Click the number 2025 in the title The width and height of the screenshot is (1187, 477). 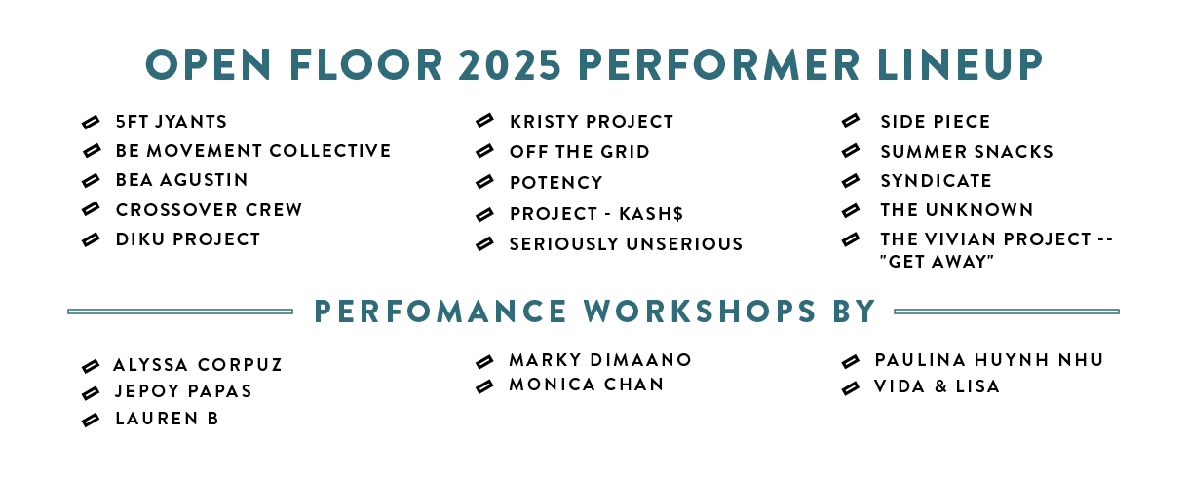tap(510, 64)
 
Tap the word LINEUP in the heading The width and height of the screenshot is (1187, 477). tap(960, 64)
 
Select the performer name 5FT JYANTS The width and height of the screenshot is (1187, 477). tap(172, 122)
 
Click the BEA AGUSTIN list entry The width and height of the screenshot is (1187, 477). tap(182, 180)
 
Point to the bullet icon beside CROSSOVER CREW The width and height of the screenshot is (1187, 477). tap(91, 209)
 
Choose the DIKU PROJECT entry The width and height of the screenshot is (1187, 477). tap(188, 239)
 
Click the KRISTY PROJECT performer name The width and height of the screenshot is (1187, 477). tap(592, 122)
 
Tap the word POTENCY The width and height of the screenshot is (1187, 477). tap(556, 183)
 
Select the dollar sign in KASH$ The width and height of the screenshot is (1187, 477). tap(677, 214)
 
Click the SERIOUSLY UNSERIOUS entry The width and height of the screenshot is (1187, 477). tap(626, 244)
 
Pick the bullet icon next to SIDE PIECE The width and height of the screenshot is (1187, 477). tap(851, 120)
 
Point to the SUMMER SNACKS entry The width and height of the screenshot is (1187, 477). tap(967, 152)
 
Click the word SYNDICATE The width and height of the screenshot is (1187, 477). tap(936, 181)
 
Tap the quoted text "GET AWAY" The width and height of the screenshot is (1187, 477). tap(937, 262)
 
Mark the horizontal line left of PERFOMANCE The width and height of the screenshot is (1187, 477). tap(180, 312)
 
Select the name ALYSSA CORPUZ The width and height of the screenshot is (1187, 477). tap(198, 365)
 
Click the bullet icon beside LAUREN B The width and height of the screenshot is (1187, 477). tap(91, 420)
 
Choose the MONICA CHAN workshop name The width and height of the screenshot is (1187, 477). tap(587, 385)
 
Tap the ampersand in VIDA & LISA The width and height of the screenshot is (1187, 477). tap(941, 386)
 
